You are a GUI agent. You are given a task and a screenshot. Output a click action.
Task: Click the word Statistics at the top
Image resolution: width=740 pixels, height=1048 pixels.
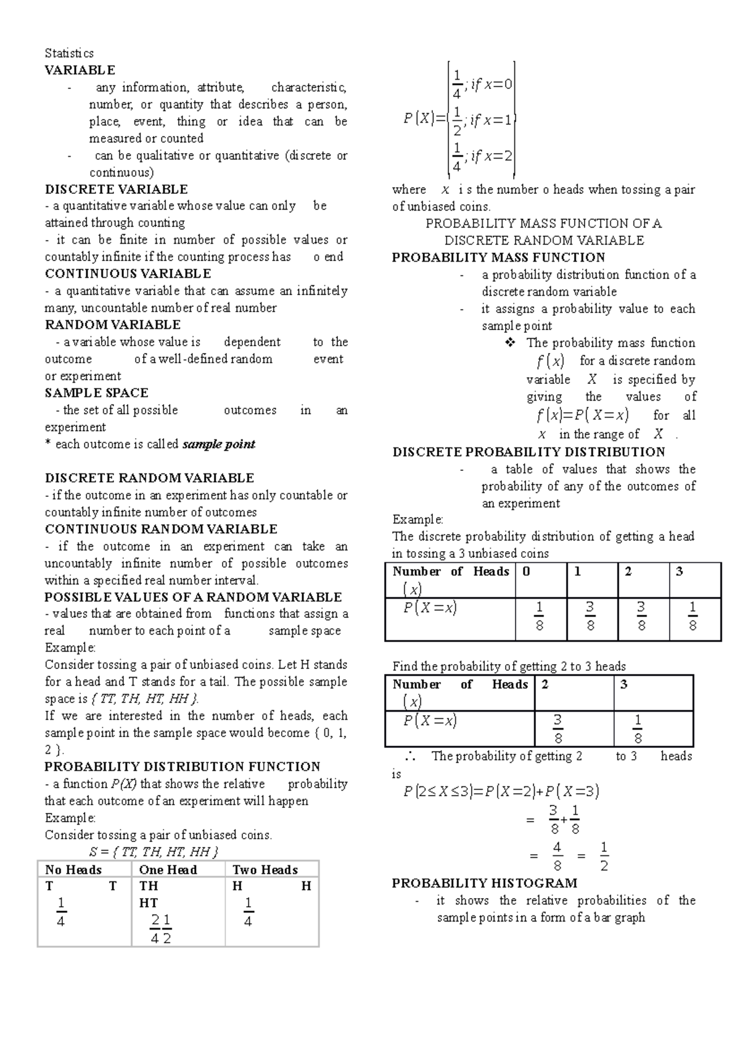pyautogui.click(x=69, y=53)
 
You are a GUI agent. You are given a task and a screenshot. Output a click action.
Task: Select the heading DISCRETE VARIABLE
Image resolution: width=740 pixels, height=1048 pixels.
pyautogui.click(x=116, y=189)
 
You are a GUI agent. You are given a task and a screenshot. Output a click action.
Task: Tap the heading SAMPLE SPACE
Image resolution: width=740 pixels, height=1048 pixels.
pyautogui.click(x=96, y=393)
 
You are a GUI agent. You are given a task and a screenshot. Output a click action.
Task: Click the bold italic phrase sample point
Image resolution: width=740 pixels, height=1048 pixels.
pyautogui.click(x=219, y=444)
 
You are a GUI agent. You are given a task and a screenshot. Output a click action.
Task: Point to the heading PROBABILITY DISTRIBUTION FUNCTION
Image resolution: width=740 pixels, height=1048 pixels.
pyautogui.click(x=182, y=767)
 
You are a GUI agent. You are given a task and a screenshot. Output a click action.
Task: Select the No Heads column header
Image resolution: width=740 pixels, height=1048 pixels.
pyautogui.click(x=73, y=870)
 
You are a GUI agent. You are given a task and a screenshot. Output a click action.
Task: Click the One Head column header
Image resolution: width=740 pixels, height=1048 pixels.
pyautogui.click(x=168, y=870)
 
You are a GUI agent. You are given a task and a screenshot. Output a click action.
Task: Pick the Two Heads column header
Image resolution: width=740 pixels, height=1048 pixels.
pyautogui.click(x=265, y=870)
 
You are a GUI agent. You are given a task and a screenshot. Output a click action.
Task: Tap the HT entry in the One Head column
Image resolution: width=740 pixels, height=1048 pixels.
pyautogui.click(x=149, y=903)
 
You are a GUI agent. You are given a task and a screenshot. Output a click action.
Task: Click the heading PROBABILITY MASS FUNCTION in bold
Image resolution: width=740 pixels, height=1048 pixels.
pyautogui.click(x=498, y=257)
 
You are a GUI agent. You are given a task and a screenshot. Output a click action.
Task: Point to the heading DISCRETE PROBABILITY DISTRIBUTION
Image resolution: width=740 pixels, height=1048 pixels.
pyautogui.click(x=528, y=452)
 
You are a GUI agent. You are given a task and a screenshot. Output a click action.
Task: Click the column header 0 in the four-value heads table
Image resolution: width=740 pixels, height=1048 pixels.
pyautogui.click(x=526, y=572)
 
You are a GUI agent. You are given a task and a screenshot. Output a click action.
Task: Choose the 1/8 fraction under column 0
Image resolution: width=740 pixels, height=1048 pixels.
pyautogui.click(x=540, y=617)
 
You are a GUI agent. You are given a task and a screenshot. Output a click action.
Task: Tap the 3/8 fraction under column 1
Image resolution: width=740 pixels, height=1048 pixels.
pyautogui.click(x=590, y=617)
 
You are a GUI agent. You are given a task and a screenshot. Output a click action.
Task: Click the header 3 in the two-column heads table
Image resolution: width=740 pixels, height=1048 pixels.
pyautogui.click(x=623, y=684)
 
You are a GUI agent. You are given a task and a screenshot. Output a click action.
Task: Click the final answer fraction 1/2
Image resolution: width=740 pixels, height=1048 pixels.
pyautogui.click(x=604, y=856)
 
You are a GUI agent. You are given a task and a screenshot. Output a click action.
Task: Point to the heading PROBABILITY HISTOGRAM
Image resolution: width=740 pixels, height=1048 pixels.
pyautogui.click(x=484, y=883)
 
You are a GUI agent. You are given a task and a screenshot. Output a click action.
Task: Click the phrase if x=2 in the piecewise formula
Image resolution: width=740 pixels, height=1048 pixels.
pyautogui.click(x=491, y=156)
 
